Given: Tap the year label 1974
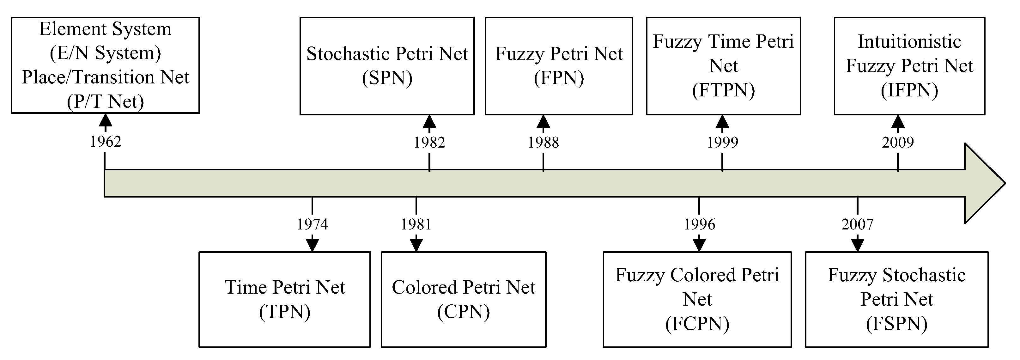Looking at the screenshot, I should [x=313, y=224].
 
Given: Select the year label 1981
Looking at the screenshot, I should [x=416, y=224].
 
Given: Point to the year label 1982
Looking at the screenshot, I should [x=429, y=143].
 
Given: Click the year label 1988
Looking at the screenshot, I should [x=543, y=143].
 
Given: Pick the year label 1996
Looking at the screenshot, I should [x=699, y=224].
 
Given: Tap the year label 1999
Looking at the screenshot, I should [x=722, y=143].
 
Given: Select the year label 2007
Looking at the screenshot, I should [x=857, y=224].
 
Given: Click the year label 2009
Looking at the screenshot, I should [x=898, y=143].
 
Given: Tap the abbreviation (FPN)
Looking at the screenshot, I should [x=559, y=78].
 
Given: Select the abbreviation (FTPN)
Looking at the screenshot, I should [x=723, y=90].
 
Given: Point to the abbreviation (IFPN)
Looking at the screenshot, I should [x=909, y=90].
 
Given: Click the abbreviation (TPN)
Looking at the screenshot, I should [x=284, y=312].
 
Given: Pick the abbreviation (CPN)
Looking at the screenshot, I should [x=463, y=312].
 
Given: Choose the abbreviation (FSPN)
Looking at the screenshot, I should [x=896, y=324].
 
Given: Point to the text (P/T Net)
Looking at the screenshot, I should [x=105, y=102].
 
